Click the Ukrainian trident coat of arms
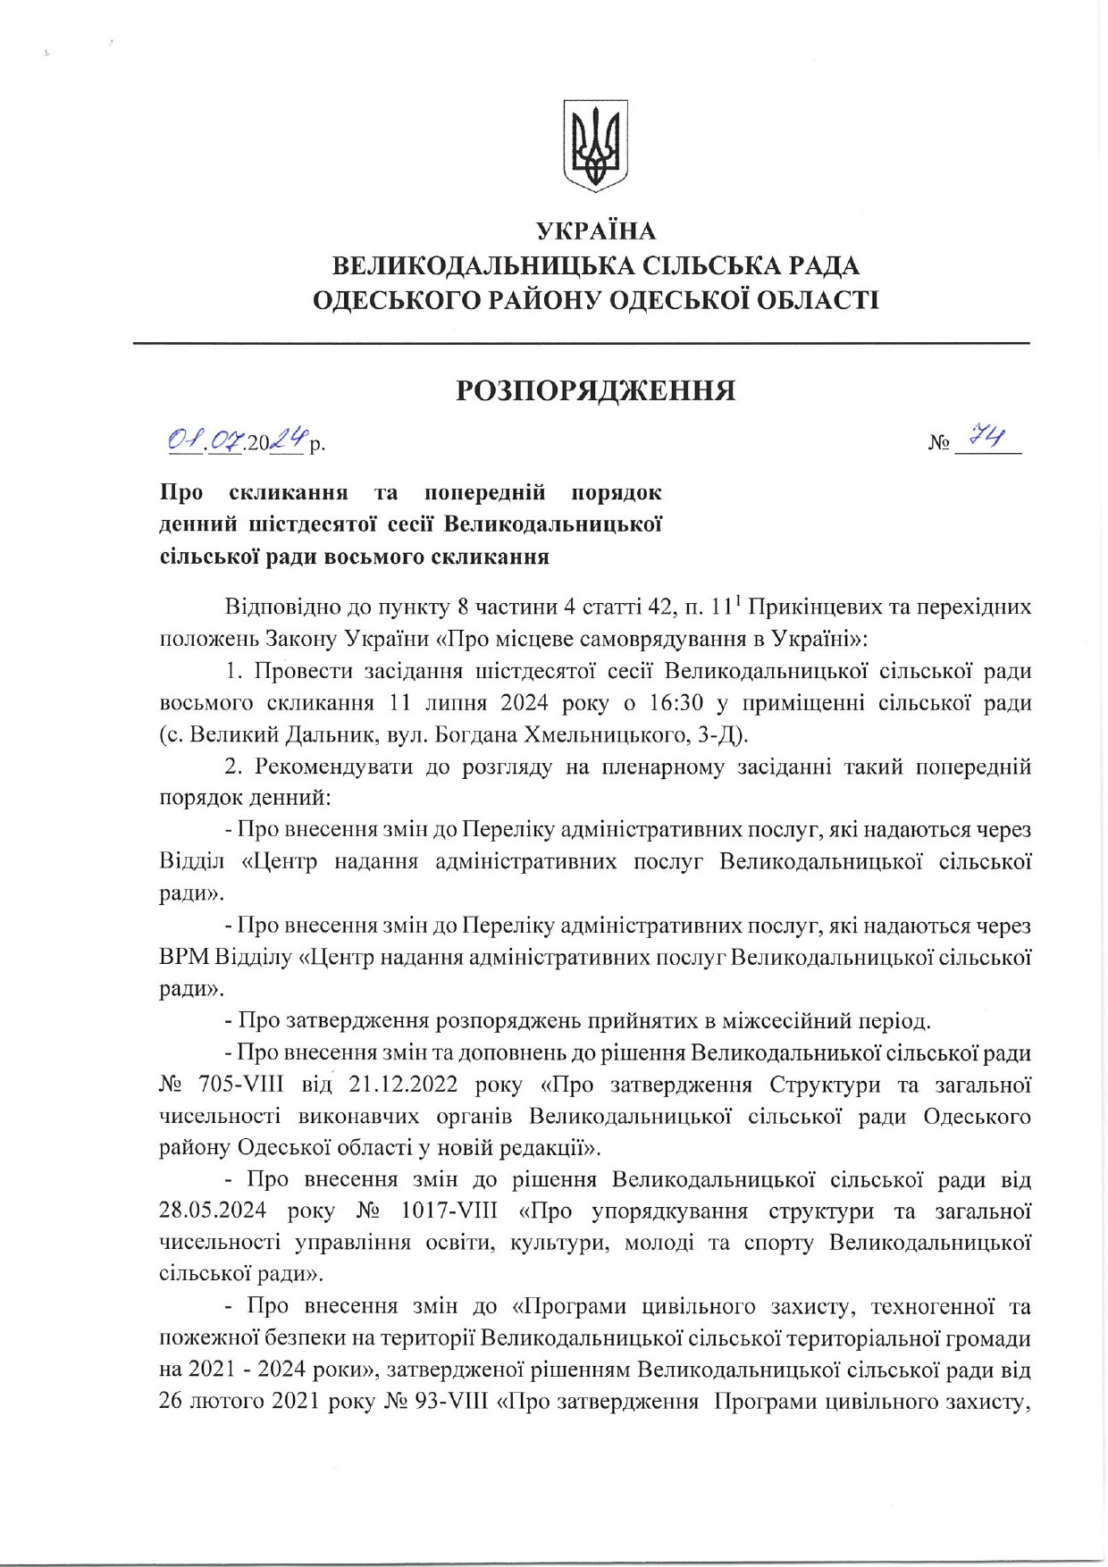click(595, 146)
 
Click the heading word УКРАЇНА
click(596, 231)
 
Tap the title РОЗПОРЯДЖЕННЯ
click(596, 390)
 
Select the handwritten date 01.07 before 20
click(205, 440)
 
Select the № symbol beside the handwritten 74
click(938, 443)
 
